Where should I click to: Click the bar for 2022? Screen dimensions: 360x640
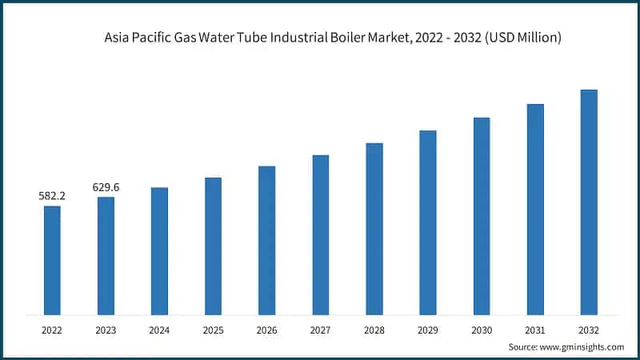[52, 260]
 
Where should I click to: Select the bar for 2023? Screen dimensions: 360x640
[106, 255]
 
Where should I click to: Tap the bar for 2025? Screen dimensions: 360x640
[213, 246]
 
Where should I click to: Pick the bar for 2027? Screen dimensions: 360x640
[321, 234]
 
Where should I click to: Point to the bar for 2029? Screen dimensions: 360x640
[428, 222]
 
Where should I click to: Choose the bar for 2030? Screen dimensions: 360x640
[482, 215]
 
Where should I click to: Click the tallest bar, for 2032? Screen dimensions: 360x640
[589, 202]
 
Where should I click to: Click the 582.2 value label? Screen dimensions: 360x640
[52, 195]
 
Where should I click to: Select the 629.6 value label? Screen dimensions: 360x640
[106, 186]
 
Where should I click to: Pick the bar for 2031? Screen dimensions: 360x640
[535, 209]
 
